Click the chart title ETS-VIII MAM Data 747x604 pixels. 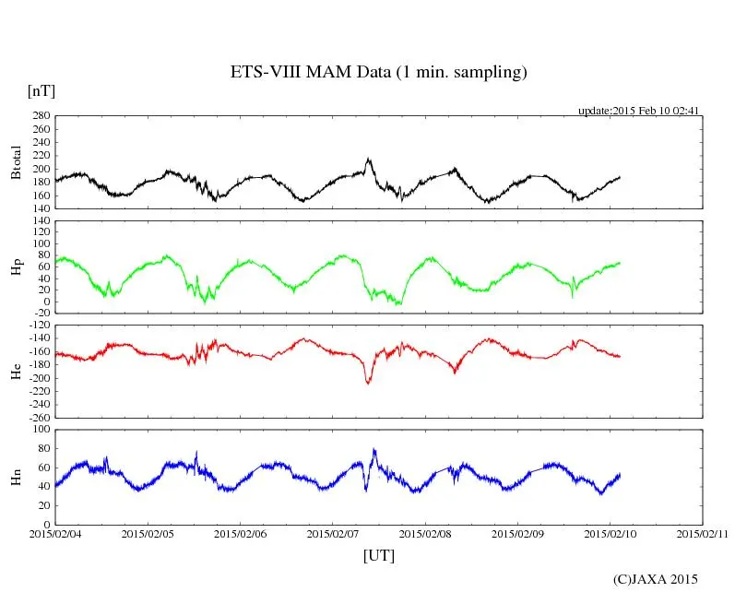[378, 73]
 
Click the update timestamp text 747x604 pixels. [639, 111]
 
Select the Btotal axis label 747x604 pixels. [16, 162]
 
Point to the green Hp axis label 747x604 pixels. [16, 267]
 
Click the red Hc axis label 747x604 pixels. [16, 371]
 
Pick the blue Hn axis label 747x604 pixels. [16, 477]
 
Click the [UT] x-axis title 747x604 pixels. [378, 555]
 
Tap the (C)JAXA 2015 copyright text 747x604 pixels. [655, 579]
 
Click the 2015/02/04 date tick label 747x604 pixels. [55, 534]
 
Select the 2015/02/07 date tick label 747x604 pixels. [333, 534]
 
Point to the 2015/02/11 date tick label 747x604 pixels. [702, 534]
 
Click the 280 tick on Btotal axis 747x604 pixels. [40, 116]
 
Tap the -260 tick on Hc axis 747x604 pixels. [38, 417]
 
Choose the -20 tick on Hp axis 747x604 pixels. [40, 314]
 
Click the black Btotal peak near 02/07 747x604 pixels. [369, 160]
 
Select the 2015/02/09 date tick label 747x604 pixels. [517, 534]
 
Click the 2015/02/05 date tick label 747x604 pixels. [148, 534]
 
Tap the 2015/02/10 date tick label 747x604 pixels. [610, 534]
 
